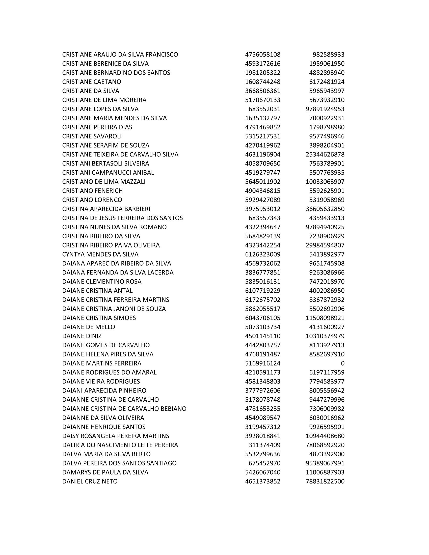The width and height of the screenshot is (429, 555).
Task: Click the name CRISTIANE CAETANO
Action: point(92,82)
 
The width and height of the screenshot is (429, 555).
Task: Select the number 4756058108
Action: point(262,55)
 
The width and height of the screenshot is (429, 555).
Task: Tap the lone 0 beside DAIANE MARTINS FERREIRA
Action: point(343,363)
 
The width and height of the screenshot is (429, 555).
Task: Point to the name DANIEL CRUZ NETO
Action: point(90,481)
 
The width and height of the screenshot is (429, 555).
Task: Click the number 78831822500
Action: point(325,481)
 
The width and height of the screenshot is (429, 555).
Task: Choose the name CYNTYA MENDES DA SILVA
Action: point(100,254)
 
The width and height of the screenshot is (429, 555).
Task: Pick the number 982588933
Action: point(328,55)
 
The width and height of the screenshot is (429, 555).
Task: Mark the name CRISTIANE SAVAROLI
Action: point(92,136)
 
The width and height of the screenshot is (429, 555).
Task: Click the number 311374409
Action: point(264,445)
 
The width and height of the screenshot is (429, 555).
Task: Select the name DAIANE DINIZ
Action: point(82,336)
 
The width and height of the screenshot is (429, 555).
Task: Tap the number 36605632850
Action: point(325,209)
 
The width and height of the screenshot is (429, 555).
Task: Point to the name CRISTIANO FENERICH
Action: point(92,191)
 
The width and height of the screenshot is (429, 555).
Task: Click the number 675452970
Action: point(264,463)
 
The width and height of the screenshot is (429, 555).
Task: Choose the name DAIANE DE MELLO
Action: point(88,327)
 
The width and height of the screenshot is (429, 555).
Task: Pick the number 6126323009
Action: point(262,254)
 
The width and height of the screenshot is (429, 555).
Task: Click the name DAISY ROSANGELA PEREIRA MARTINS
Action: point(116,436)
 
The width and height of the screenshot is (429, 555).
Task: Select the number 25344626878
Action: point(325,154)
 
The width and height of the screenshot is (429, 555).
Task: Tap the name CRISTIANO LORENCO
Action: point(92,200)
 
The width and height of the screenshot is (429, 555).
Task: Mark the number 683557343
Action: point(264,218)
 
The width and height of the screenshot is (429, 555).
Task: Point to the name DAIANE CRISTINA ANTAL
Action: point(97,291)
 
